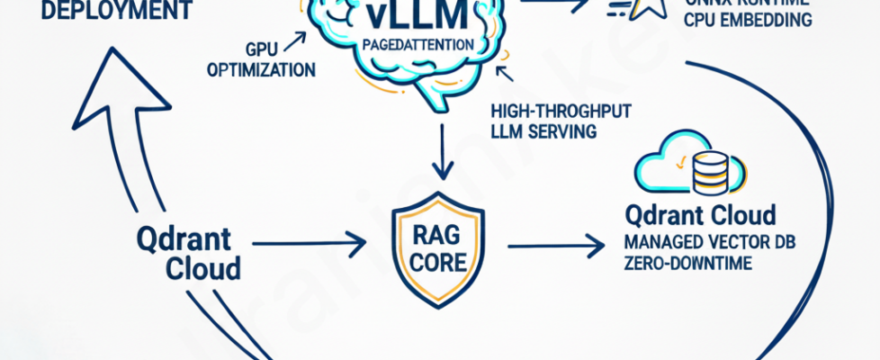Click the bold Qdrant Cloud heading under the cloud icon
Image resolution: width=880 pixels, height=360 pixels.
click(702, 216)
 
